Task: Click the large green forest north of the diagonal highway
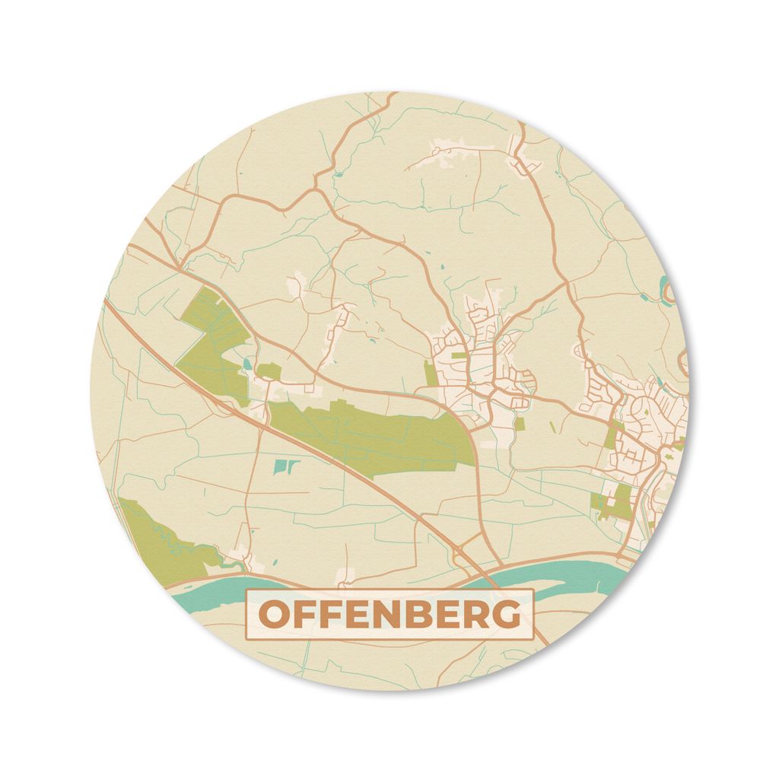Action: tap(211, 339)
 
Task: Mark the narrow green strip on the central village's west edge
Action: tap(431, 374)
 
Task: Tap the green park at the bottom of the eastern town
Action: tap(615, 503)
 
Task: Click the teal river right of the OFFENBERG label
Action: tap(578, 583)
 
